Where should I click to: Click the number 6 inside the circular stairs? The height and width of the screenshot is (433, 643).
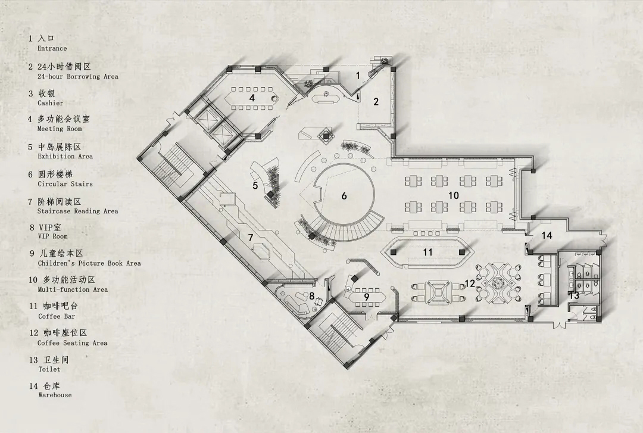pyautogui.click(x=344, y=196)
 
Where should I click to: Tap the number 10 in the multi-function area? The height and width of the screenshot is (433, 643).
pyautogui.click(x=453, y=195)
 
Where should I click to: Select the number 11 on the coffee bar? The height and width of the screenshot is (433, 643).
pyautogui.click(x=427, y=252)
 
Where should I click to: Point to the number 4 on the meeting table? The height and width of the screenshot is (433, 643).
pyautogui.click(x=252, y=98)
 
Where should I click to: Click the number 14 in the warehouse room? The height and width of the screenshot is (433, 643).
pyautogui.click(x=547, y=235)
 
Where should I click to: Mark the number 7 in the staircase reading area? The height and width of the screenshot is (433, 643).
pyautogui.click(x=251, y=238)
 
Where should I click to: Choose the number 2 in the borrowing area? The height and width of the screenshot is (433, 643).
pyautogui.click(x=376, y=101)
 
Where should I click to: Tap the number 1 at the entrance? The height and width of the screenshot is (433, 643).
pyautogui.click(x=358, y=76)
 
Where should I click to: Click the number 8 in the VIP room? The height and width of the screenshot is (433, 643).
pyautogui.click(x=311, y=296)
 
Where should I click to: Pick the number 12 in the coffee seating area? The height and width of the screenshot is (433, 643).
pyautogui.click(x=470, y=283)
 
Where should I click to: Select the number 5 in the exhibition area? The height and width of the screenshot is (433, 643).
pyautogui.click(x=255, y=185)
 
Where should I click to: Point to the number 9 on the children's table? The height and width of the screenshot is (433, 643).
pyautogui.click(x=367, y=297)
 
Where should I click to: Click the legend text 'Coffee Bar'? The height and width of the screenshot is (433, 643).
pyautogui.click(x=57, y=316)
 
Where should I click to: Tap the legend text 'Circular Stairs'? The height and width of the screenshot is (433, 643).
pyautogui.click(x=65, y=184)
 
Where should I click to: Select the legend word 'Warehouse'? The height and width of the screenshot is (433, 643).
pyautogui.click(x=55, y=395)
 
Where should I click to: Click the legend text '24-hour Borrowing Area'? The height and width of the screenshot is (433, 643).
pyautogui.click(x=78, y=76)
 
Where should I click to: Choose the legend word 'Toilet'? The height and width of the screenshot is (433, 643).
pyautogui.click(x=49, y=369)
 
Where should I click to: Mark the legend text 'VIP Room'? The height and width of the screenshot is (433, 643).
pyautogui.click(x=53, y=236)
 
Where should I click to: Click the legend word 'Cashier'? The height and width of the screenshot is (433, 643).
pyautogui.click(x=51, y=103)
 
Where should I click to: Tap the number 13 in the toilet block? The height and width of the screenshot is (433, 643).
pyautogui.click(x=574, y=295)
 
